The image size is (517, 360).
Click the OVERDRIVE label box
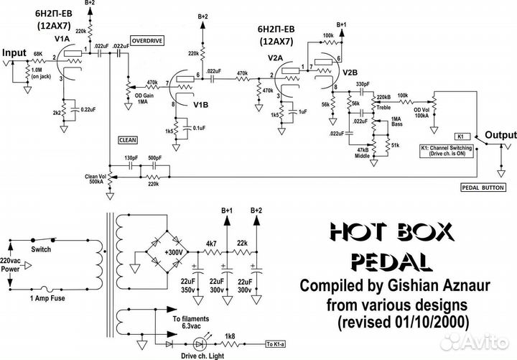coord(148,41)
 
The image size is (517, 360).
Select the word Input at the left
coord(14,53)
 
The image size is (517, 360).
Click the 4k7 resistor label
coord(212,243)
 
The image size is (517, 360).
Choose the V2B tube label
coord(350,73)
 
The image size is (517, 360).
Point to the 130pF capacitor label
coord(131,157)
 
